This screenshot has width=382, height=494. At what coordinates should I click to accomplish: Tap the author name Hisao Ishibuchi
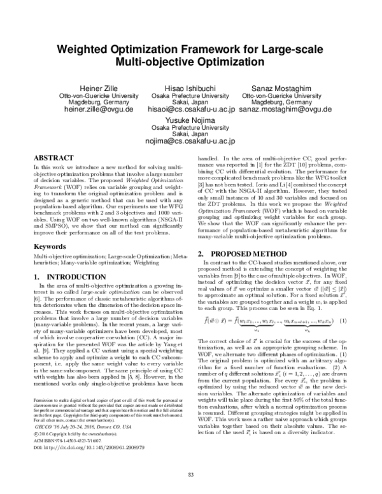click(x=190, y=87)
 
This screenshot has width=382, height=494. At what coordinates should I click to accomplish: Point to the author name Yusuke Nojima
click(x=190, y=120)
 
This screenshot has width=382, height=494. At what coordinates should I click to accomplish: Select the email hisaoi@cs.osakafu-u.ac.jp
click(x=191, y=109)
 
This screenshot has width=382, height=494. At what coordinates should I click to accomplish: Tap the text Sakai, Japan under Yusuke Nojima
click(x=190, y=134)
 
